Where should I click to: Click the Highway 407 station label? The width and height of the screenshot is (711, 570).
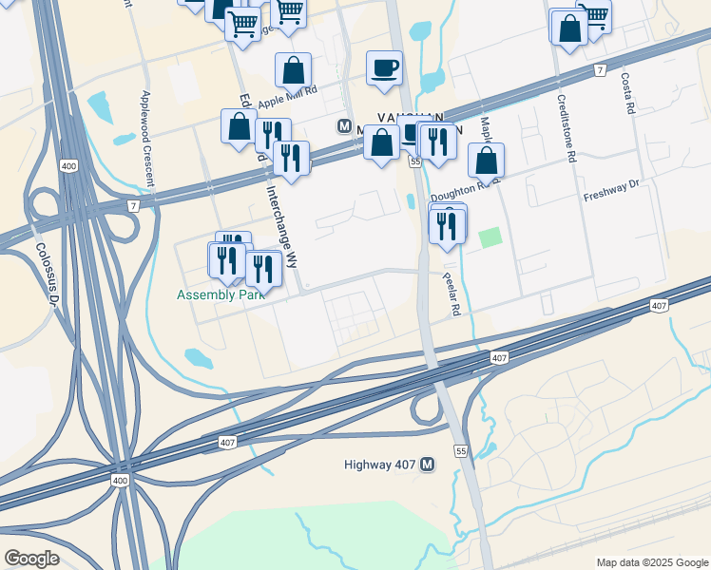(x=381, y=465)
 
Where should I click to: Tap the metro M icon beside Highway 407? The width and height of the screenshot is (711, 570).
(x=428, y=465)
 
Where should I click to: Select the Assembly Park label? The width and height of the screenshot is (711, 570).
(x=220, y=294)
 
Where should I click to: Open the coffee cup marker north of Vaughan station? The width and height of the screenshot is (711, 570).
(x=384, y=68)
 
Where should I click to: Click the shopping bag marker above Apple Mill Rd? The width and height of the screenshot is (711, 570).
(x=293, y=69)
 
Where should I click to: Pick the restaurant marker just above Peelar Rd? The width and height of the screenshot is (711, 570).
(x=446, y=225)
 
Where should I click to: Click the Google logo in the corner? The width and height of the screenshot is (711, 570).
(x=31, y=559)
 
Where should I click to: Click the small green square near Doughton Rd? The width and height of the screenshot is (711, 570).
(x=490, y=237)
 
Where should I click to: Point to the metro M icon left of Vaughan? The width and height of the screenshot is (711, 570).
(x=345, y=126)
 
